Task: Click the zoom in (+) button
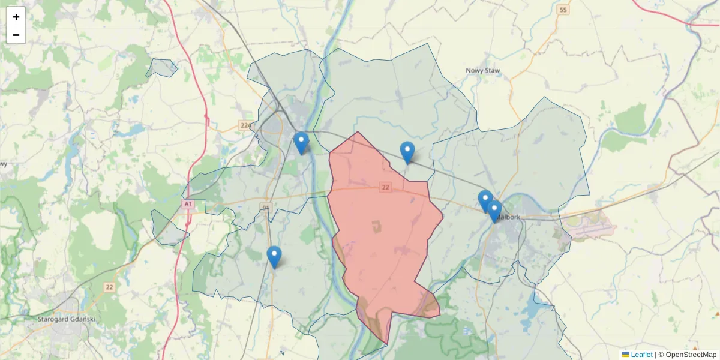16,17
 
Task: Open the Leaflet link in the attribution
641,355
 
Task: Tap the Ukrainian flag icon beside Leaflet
625,355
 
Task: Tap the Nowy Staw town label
482,71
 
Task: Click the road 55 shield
562,10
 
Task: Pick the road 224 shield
245,125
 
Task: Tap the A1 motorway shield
188,205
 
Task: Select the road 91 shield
266,208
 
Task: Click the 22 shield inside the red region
385,188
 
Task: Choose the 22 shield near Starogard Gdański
109,287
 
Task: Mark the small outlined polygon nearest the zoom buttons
161,68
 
